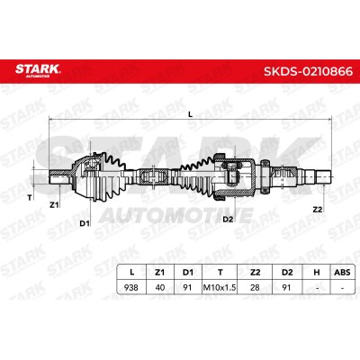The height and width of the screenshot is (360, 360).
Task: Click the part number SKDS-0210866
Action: [x=308, y=72]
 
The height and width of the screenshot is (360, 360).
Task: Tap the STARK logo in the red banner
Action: [x=38, y=70]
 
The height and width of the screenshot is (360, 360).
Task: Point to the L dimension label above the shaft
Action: [x=190, y=114]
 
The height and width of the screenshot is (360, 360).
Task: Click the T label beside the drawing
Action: [x=30, y=198]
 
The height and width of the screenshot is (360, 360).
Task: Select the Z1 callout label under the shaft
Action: [x=54, y=205]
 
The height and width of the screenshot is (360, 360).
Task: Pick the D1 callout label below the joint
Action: [x=85, y=223]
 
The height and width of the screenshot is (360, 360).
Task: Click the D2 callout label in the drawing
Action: [x=228, y=220]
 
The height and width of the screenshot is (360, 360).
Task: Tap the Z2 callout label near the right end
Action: [x=317, y=210]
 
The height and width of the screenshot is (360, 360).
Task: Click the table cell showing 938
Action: [x=131, y=287]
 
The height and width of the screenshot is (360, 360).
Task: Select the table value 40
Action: [x=160, y=287]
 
